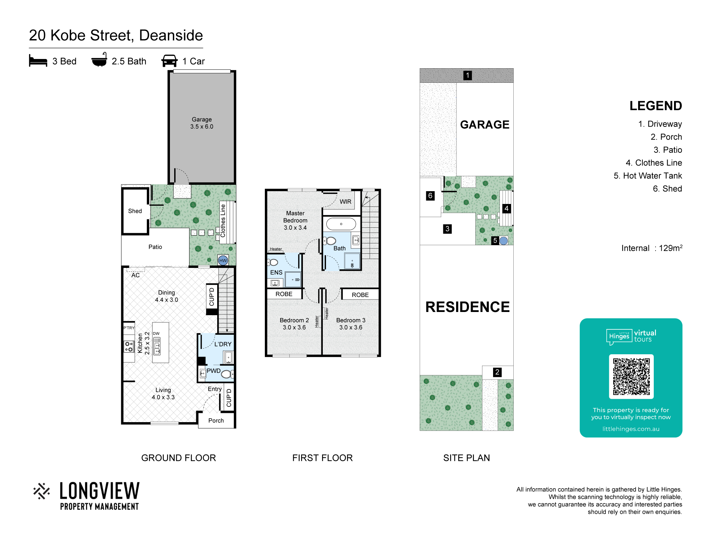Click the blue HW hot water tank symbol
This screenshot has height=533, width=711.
pos(223,260)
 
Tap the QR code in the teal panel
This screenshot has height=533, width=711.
pos(631,377)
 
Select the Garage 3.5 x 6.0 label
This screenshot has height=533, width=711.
pos(202,123)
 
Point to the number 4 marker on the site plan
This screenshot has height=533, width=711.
pos(507,208)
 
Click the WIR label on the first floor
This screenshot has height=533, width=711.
pos(345,201)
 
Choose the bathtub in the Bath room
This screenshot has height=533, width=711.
pos(341,224)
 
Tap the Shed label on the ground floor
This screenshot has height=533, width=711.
pos(135,211)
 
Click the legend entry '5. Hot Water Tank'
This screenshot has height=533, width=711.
pos(648,176)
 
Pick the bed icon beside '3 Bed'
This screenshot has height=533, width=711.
pos(38,61)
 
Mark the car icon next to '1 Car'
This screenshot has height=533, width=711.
pos(169,61)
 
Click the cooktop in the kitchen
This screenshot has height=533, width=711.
pos(129,346)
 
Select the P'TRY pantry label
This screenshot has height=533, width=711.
pos(129,328)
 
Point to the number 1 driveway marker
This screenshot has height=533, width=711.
pos(467,75)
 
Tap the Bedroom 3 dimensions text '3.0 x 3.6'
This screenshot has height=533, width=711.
pos(351,327)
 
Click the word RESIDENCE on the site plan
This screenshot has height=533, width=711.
pos(467,307)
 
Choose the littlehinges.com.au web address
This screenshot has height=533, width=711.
pos(631,429)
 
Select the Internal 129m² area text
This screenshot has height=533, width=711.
pos(652,248)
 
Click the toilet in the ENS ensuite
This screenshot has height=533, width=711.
pos(273,262)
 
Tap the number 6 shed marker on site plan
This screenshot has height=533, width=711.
pos(430,196)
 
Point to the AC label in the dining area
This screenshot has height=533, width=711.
pos(135,275)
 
